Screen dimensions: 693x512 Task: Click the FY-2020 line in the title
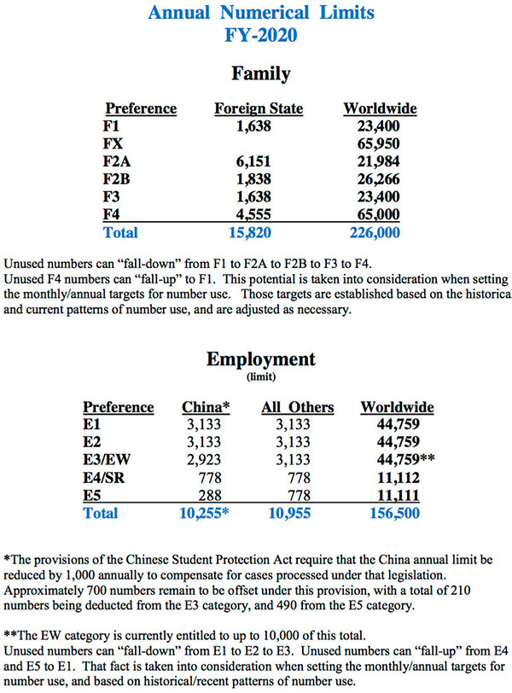click(261, 37)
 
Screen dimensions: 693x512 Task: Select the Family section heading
click(261, 74)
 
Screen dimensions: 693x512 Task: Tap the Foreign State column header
click(259, 109)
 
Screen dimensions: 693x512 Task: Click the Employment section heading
click(261, 359)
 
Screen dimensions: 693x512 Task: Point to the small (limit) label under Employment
click(261, 376)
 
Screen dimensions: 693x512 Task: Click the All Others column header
click(298, 407)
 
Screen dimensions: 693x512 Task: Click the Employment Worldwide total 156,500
click(395, 513)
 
